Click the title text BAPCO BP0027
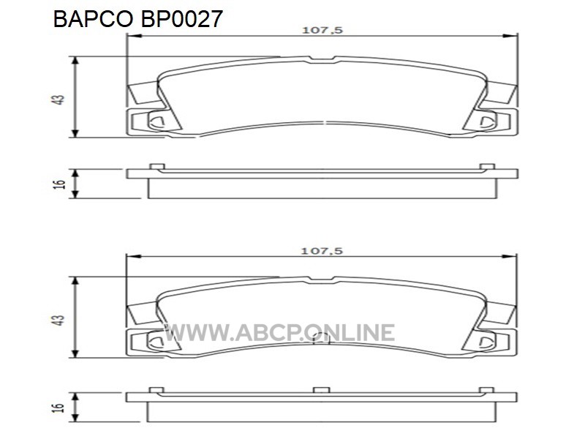click(138, 20)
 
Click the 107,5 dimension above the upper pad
click(322, 30)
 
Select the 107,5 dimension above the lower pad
click(322, 250)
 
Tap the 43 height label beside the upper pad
click(59, 100)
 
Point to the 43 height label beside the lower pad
click(59, 320)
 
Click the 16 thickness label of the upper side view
click(59, 184)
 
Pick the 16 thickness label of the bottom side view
click(59, 408)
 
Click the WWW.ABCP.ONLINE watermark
click(279, 333)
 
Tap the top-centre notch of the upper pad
click(322, 59)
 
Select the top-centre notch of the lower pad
click(321, 279)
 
